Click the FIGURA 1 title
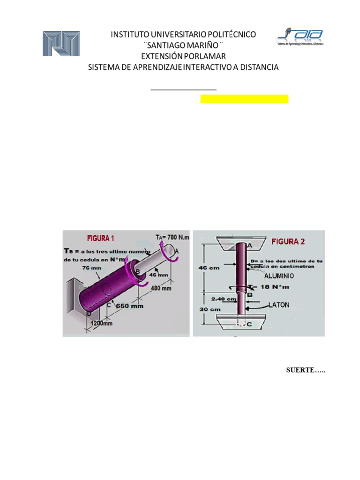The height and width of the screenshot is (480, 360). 100,238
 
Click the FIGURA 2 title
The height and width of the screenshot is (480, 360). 289,242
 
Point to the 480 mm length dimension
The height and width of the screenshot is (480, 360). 161,289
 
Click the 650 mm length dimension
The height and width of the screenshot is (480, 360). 130,306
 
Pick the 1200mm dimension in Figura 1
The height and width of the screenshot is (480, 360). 102,323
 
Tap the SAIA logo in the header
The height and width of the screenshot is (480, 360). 300,37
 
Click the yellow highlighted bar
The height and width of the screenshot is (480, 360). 244,98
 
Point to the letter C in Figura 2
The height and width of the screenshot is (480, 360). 249,324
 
